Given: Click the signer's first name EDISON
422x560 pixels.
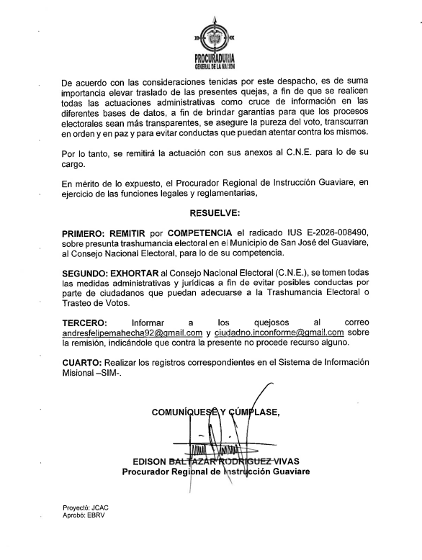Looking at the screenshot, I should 149,461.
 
